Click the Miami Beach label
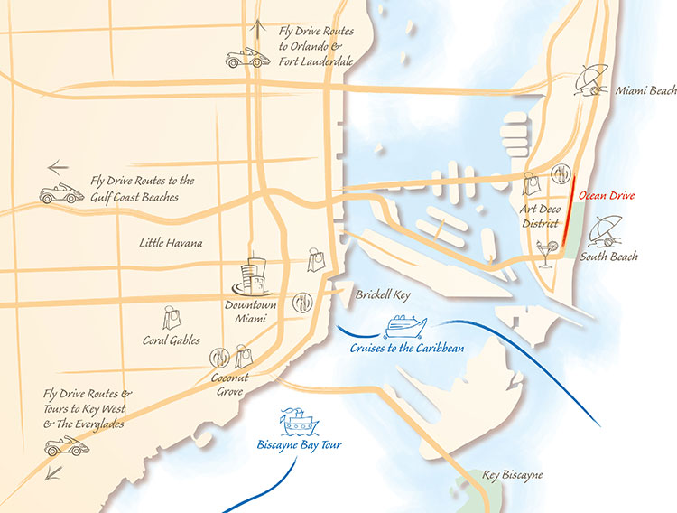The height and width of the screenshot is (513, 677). [645, 92]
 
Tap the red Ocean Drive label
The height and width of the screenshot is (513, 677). [607, 195]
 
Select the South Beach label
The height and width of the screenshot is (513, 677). [608, 256]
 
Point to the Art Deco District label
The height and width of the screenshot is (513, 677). [541, 217]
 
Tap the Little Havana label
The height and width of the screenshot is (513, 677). [171, 243]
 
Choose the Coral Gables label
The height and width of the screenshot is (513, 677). [172, 340]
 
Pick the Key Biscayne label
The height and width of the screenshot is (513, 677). [513, 475]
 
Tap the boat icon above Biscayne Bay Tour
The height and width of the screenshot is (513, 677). [298, 422]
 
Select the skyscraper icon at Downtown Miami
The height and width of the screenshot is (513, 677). [255, 276]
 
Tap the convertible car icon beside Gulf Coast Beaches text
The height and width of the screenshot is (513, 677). [60, 193]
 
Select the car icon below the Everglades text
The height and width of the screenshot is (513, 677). [67, 446]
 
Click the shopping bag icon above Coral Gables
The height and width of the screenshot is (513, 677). [172, 317]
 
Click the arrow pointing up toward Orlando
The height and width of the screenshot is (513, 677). [261, 27]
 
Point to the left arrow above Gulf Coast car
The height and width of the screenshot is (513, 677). [58, 167]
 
